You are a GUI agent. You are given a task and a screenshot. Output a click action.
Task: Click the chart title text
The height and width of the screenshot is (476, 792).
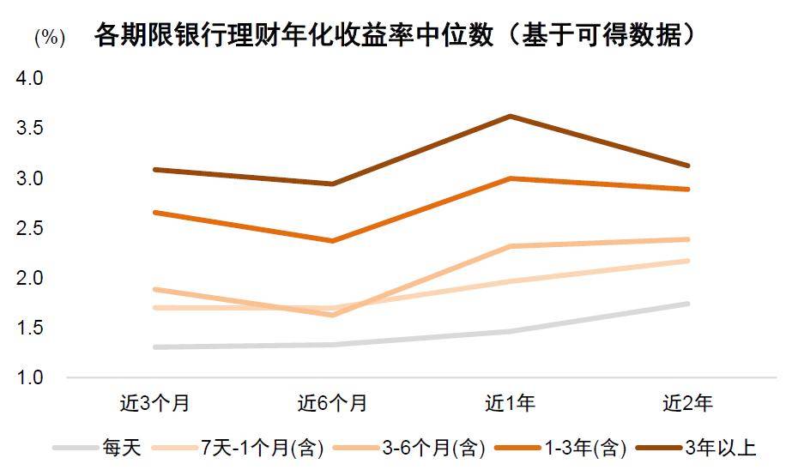pos(395,35)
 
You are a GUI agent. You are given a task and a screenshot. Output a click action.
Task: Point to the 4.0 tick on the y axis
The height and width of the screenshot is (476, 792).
pos(29,79)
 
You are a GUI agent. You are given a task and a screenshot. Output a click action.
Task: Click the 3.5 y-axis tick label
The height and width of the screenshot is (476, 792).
pos(29,129)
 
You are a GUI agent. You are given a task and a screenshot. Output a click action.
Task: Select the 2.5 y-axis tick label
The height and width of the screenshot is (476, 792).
pos(29,228)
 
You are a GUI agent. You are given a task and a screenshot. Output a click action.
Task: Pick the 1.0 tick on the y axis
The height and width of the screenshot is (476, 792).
pos(29,377)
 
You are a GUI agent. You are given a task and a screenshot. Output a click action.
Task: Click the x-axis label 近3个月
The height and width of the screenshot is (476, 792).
pos(154,402)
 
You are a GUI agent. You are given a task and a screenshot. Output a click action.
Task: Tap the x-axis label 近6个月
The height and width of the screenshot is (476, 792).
pos(332,402)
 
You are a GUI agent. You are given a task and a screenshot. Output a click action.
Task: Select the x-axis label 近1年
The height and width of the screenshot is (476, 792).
pos(510,402)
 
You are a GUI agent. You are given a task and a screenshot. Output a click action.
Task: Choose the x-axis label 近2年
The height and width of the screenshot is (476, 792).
pos(687,402)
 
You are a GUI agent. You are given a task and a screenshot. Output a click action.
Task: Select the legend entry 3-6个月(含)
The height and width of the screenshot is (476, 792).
pos(433,448)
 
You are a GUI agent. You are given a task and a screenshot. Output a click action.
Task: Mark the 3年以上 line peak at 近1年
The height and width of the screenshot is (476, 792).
pos(510,116)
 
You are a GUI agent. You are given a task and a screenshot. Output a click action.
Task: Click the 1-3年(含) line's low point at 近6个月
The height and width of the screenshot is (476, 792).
pos(332,241)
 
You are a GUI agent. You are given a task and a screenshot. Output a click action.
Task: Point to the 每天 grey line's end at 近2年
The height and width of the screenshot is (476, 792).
pos(687,304)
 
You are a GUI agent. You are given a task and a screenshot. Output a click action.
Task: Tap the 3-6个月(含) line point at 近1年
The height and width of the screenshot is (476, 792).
pos(510,247)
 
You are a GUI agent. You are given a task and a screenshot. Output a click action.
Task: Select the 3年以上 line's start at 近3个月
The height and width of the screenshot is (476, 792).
pos(154,170)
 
